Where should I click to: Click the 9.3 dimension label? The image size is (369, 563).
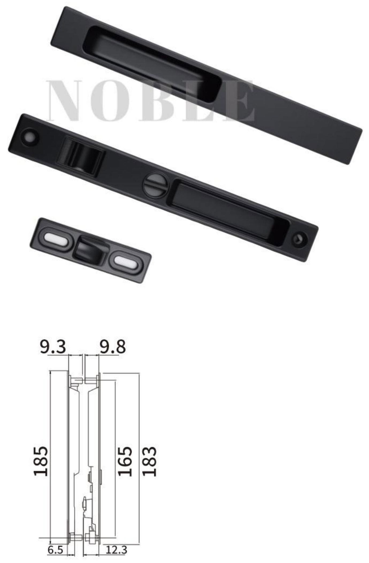click(53, 347)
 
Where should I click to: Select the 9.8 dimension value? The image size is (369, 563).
click(113, 347)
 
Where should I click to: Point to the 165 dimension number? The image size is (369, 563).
click(125, 461)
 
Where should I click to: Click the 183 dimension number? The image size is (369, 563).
click(149, 461)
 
